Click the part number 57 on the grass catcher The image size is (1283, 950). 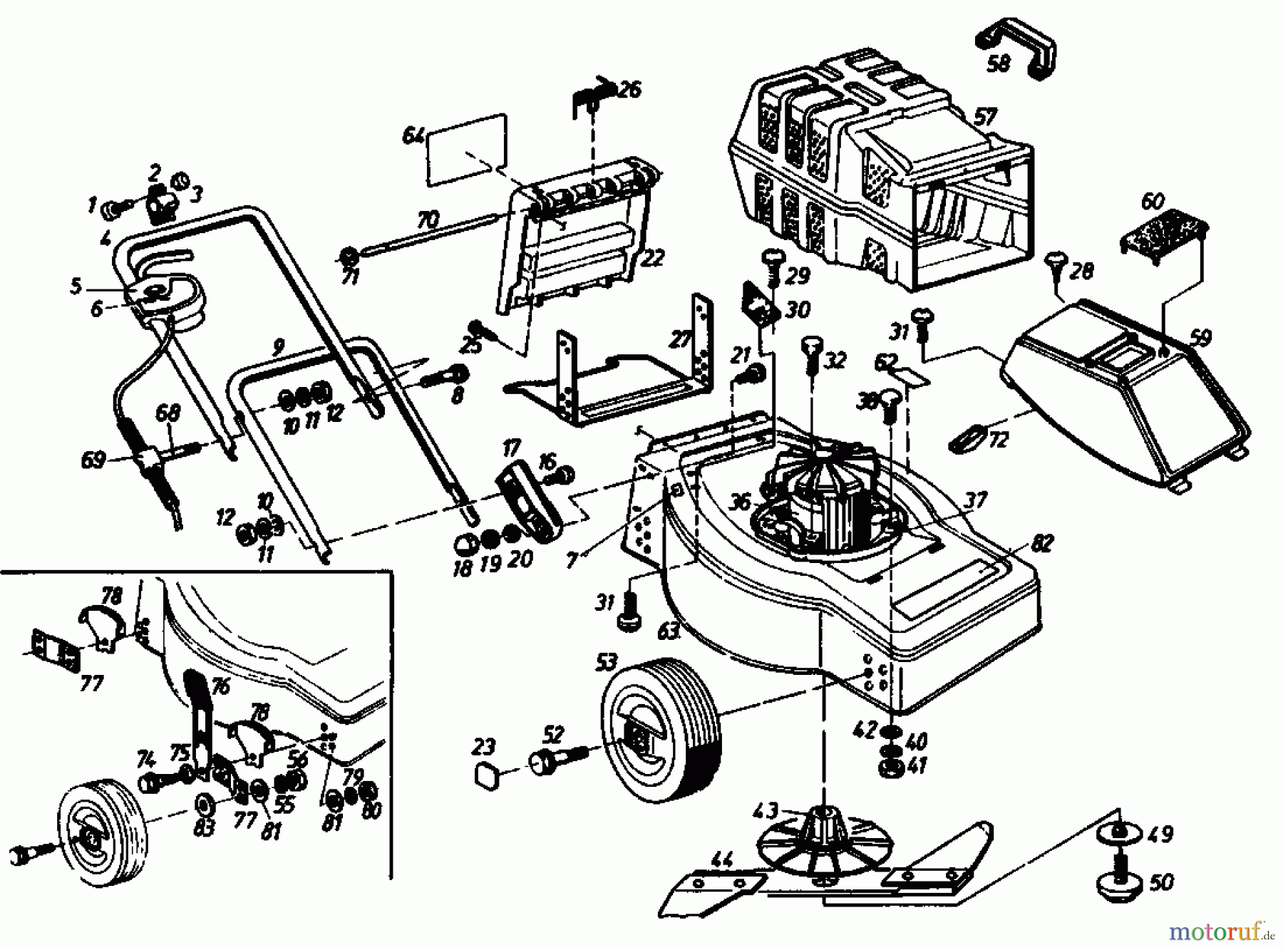[x=987, y=116]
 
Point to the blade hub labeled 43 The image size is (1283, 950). [x=820, y=830]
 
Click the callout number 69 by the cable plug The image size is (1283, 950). [x=93, y=461]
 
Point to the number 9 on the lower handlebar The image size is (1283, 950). [x=279, y=347]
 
